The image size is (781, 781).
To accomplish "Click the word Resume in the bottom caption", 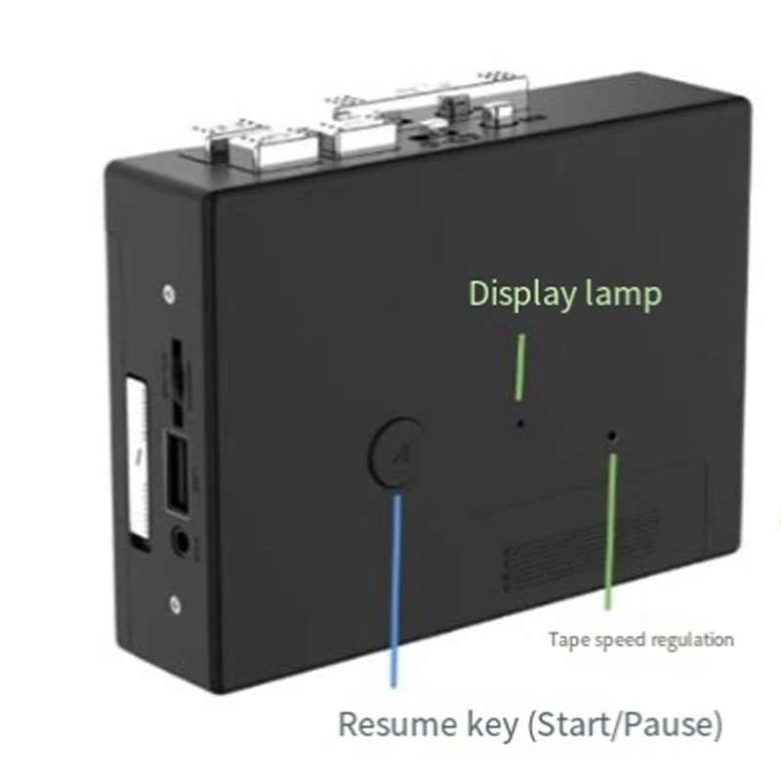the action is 397,723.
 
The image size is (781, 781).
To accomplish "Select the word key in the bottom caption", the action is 492,725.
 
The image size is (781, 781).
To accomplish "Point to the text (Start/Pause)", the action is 625,724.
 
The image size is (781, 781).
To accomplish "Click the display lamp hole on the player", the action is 520,424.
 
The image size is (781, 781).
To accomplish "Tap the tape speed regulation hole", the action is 612,436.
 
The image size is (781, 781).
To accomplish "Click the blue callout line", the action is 396,592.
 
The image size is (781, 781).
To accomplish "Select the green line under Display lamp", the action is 519,367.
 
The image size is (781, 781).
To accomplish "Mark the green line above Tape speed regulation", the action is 610,531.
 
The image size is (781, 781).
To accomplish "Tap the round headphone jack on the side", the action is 182,542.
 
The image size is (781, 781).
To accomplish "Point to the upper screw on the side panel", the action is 169,294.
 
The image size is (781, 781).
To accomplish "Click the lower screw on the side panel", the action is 175,604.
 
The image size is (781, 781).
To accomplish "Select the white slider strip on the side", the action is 138,458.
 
